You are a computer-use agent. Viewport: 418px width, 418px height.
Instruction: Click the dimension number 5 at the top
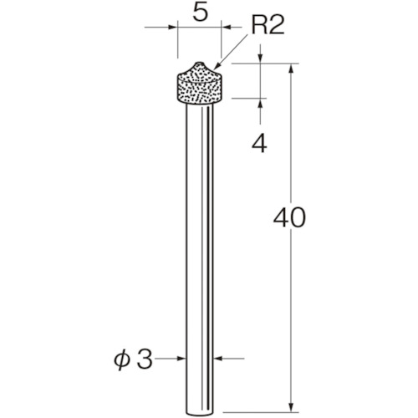pyautogui.click(x=199, y=14)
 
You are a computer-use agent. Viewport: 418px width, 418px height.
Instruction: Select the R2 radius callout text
pyautogui.click(x=268, y=27)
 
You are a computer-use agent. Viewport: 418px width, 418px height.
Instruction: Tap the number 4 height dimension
pyautogui.click(x=261, y=145)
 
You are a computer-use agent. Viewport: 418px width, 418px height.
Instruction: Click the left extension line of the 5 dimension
pyautogui.click(x=177, y=42)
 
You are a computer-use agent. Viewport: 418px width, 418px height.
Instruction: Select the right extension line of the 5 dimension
pyautogui.click(x=221, y=42)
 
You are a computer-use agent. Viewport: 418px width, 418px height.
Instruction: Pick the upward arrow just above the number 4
pyautogui.click(x=261, y=104)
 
